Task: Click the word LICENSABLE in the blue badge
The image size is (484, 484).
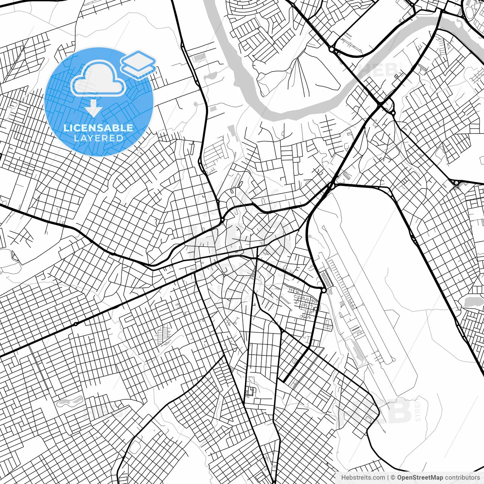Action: pos(98,128)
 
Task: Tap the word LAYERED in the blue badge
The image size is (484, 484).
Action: pos(98,138)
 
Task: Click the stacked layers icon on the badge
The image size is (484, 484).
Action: pos(138,64)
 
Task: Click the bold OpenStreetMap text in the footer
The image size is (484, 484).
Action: pos(420,478)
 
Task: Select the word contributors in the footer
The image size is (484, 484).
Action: pos(462,478)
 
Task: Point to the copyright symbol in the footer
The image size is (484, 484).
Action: pos(393,478)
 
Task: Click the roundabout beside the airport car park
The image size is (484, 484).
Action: pos(324,290)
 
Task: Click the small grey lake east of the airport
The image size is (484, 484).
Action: pos(471,302)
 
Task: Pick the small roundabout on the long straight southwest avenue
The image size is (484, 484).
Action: pos(76,324)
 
